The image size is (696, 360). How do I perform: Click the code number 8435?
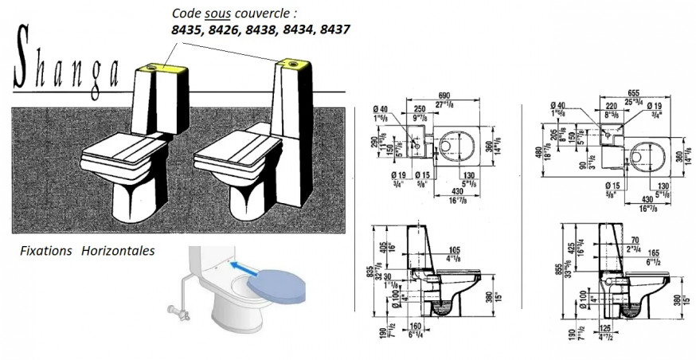point(189,29)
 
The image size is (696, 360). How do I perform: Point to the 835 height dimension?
point(368,272)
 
